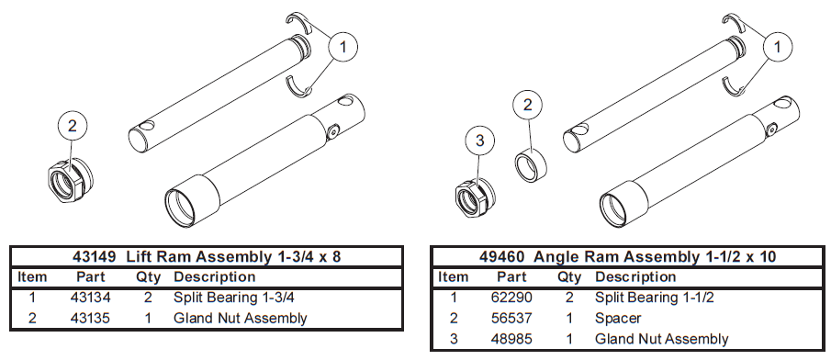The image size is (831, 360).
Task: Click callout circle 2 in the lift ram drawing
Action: coord(72,126)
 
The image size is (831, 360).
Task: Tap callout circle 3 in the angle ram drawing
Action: coord(479,141)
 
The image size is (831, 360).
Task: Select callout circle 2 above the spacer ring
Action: coord(527,105)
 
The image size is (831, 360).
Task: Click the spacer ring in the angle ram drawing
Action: coord(531,165)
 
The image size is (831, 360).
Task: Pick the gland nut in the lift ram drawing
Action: coord(70,180)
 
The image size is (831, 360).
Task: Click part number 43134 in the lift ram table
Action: coord(91,298)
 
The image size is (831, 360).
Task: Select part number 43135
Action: coord(91,318)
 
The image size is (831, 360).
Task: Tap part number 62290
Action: coord(511,298)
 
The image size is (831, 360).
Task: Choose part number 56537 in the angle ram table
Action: coord(511,318)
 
